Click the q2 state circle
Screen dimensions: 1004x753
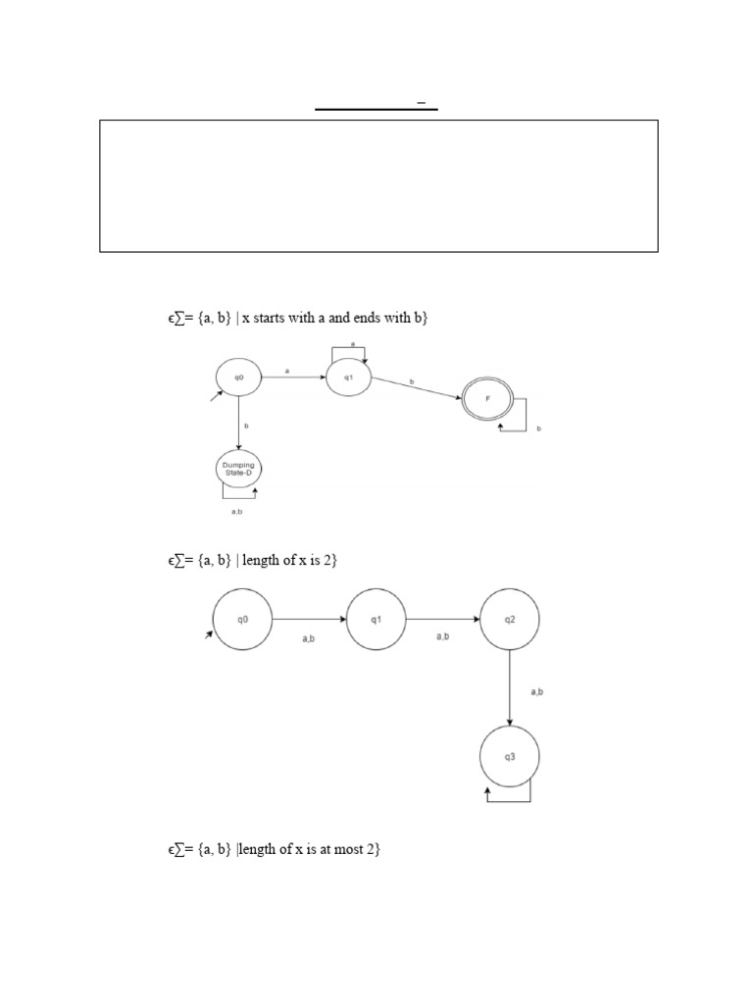(x=510, y=620)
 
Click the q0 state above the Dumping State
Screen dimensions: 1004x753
(x=238, y=376)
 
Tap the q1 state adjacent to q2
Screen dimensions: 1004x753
(x=376, y=620)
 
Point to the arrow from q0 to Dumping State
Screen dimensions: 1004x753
(x=238, y=423)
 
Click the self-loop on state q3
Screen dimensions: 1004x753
(x=510, y=799)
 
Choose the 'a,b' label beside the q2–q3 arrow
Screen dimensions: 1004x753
(x=537, y=691)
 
